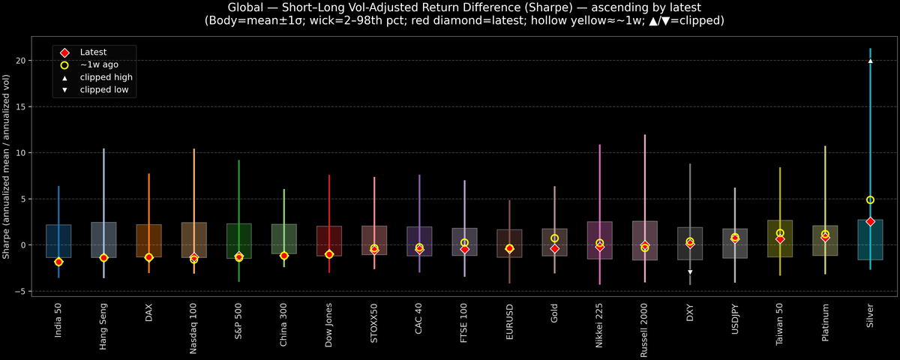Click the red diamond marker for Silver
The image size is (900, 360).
coord(870,222)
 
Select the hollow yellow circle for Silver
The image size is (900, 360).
coord(870,200)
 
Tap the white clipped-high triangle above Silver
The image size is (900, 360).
coord(870,61)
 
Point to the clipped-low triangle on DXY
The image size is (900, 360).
coord(690,272)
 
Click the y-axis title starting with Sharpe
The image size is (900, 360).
coord(7,166)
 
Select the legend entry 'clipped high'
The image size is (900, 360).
coord(106,77)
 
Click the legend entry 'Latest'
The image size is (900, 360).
coord(93,52)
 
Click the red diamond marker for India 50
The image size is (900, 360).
coord(58,262)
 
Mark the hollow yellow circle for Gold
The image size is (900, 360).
coord(555,238)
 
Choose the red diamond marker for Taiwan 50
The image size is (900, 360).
coord(780,238)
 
